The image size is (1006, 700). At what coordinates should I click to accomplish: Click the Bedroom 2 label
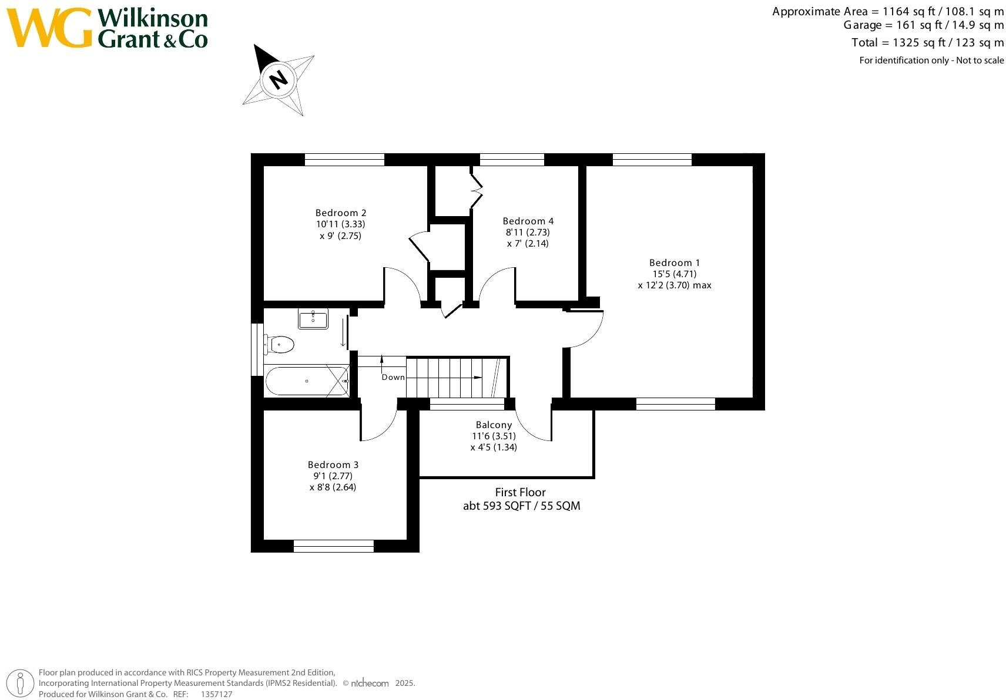[x=341, y=213]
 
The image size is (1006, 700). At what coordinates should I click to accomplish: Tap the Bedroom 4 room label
[x=528, y=221]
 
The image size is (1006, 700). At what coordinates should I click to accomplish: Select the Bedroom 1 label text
[x=674, y=262]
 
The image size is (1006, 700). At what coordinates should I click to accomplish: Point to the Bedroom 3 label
[x=333, y=465]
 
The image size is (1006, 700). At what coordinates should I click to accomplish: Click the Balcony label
[x=494, y=425]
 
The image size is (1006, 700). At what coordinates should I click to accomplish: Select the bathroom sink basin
[x=313, y=319]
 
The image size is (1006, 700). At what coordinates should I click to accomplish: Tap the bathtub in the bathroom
[x=306, y=381]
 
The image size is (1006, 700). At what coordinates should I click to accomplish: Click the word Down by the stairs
[x=393, y=377]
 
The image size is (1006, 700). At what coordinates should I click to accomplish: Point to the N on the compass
[x=279, y=78]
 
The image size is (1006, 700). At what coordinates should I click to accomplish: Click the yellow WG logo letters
[x=49, y=28]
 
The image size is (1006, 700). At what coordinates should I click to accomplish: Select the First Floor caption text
[x=520, y=492]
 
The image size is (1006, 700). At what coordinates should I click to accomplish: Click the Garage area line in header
[x=923, y=25]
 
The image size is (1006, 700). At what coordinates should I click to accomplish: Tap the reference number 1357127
[x=216, y=694]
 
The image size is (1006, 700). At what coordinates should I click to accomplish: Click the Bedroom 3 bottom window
[x=333, y=546]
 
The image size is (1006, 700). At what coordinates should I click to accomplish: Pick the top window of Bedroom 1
[x=652, y=159]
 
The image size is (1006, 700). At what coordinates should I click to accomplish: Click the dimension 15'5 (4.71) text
[x=674, y=274]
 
